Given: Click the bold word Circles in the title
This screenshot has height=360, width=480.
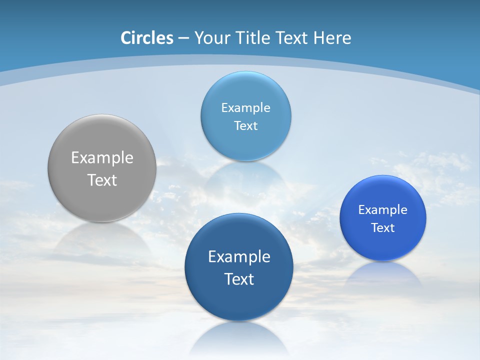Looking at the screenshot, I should coord(147,38).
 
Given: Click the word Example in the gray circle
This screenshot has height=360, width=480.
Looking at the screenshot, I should coord(102,157).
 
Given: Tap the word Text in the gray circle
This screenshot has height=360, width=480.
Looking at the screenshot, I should coord(102,180).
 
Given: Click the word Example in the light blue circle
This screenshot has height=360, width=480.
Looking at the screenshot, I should coord(245,107).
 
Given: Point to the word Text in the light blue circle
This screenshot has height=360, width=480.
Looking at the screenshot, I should coord(245,125).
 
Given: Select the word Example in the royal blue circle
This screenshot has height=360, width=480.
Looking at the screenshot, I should coord(383,209).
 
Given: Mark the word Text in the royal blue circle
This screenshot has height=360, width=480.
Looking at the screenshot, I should coord(383,227).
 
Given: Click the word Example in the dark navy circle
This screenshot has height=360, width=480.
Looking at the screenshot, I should coord(239,256).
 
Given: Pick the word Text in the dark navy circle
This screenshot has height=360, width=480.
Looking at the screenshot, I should coord(239,279).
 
